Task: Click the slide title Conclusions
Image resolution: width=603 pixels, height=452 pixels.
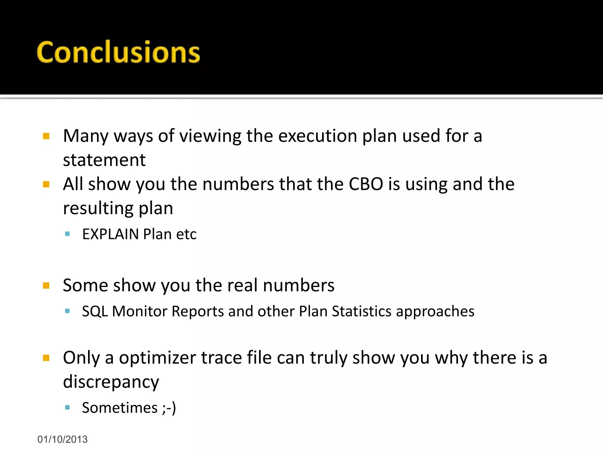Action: point(118,52)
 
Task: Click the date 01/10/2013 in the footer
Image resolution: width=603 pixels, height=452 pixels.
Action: point(62,439)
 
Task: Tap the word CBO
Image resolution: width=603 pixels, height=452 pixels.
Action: point(366,184)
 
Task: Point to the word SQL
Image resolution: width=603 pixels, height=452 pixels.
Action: point(95,311)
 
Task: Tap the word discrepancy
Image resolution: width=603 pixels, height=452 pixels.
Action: point(111,382)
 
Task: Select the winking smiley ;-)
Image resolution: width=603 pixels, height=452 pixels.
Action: point(169,408)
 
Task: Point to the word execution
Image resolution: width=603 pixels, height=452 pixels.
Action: point(317,136)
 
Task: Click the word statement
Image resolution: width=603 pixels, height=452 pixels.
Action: point(104,160)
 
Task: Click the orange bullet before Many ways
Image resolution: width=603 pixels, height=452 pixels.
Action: point(46,136)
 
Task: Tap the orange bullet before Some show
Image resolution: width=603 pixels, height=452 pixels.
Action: point(46,285)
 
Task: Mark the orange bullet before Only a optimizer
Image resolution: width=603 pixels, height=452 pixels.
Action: point(46,358)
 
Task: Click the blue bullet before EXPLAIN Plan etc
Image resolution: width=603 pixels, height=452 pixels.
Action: point(67,234)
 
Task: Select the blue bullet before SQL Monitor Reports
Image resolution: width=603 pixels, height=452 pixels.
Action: point(67,311)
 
